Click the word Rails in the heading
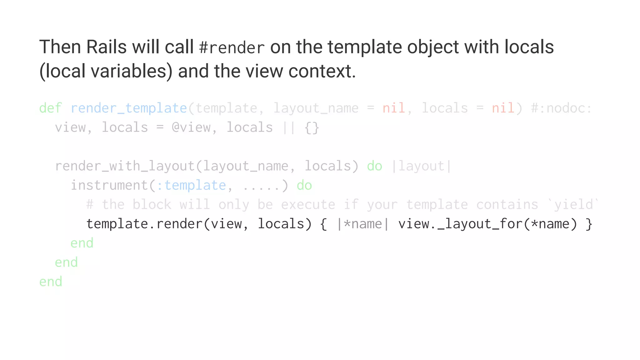coord(106,47)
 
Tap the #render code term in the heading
coord(232,48)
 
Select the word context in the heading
coord(322,71)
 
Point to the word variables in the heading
coord(132,71)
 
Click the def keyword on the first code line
coord(50,108)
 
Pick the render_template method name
coord(129,108)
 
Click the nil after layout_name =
coord(394,108)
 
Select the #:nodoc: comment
coord(561,108)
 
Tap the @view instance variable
coord(191,127)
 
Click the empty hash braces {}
coord(312,127)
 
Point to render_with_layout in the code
coord(125,166)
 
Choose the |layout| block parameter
coord(421,166)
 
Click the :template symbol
coord(191,185)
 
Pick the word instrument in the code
coord(109,185)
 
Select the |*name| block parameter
coord(363,224)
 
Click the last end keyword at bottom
coord(51,282)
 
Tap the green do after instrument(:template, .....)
coord(304,185)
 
